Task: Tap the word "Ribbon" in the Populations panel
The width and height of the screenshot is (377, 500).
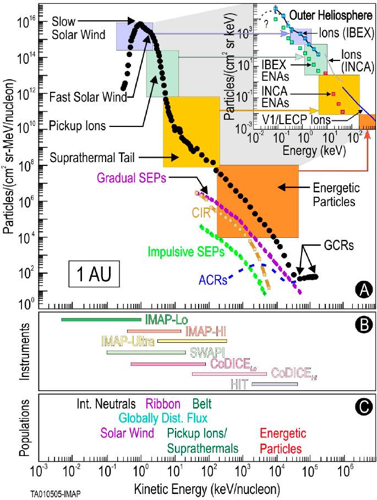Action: click(x=162, y=404)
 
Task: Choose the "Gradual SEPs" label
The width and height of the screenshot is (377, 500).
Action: click(x=132, y=177)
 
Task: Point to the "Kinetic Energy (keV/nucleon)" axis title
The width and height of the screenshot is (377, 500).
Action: click(x=203, y=487)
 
